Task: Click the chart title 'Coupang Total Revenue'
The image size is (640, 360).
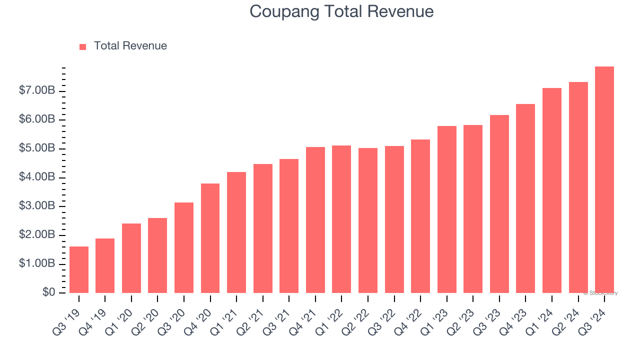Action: click(x=341, y=11)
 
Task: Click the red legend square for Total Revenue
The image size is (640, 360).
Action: click(x=83, y=46)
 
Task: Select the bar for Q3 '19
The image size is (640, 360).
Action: click(x=79, y=269)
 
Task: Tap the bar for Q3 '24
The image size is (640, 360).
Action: click(x=604, y=179)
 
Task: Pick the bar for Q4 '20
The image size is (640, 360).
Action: click(x=210, y=238)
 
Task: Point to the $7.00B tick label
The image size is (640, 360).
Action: click(x=37, y=91)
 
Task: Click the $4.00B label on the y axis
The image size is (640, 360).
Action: click(x=37, y=177)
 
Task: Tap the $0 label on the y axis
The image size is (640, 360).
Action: click(x=48, y=292)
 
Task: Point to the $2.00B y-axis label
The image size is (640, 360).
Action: click(x=37, y=235)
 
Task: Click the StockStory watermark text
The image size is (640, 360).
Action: click(x=600, y=293)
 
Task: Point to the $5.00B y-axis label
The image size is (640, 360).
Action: click(x=37, y=148)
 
